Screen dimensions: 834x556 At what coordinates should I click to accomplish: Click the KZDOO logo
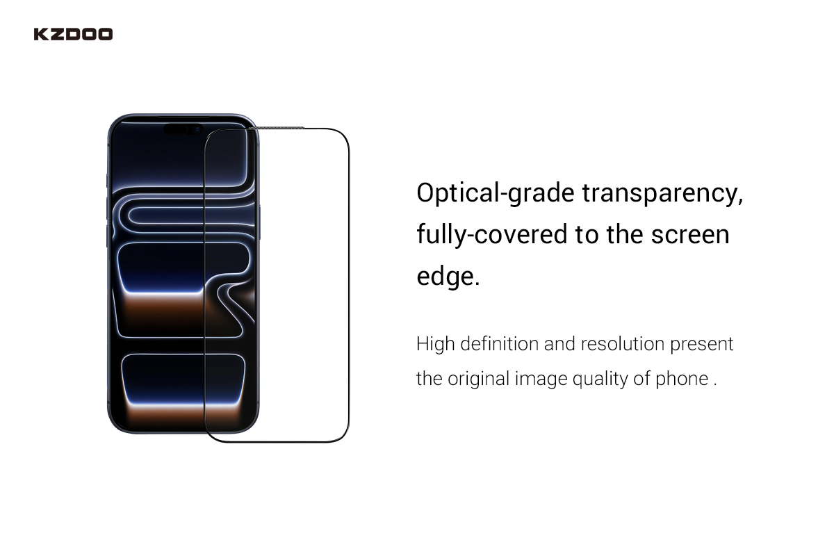[x=73, y=34]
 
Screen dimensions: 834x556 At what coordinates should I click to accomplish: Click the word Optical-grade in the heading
[x=496, y=194]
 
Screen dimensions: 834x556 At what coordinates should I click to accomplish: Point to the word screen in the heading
[x=690, y=236]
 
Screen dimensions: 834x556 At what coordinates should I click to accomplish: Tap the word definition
[x=499, y=343]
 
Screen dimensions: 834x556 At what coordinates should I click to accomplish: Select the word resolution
[x=623, y=343]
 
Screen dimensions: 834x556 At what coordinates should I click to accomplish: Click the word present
[x=702, y=345]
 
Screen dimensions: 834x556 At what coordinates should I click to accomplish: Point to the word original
[x=478, y=379]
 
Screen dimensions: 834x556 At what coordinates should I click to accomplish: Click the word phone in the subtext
[x=682, y=379]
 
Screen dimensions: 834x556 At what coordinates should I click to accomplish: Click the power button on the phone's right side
[x=259, y=222]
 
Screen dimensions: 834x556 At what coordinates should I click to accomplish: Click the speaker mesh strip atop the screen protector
[x=277, y=128]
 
